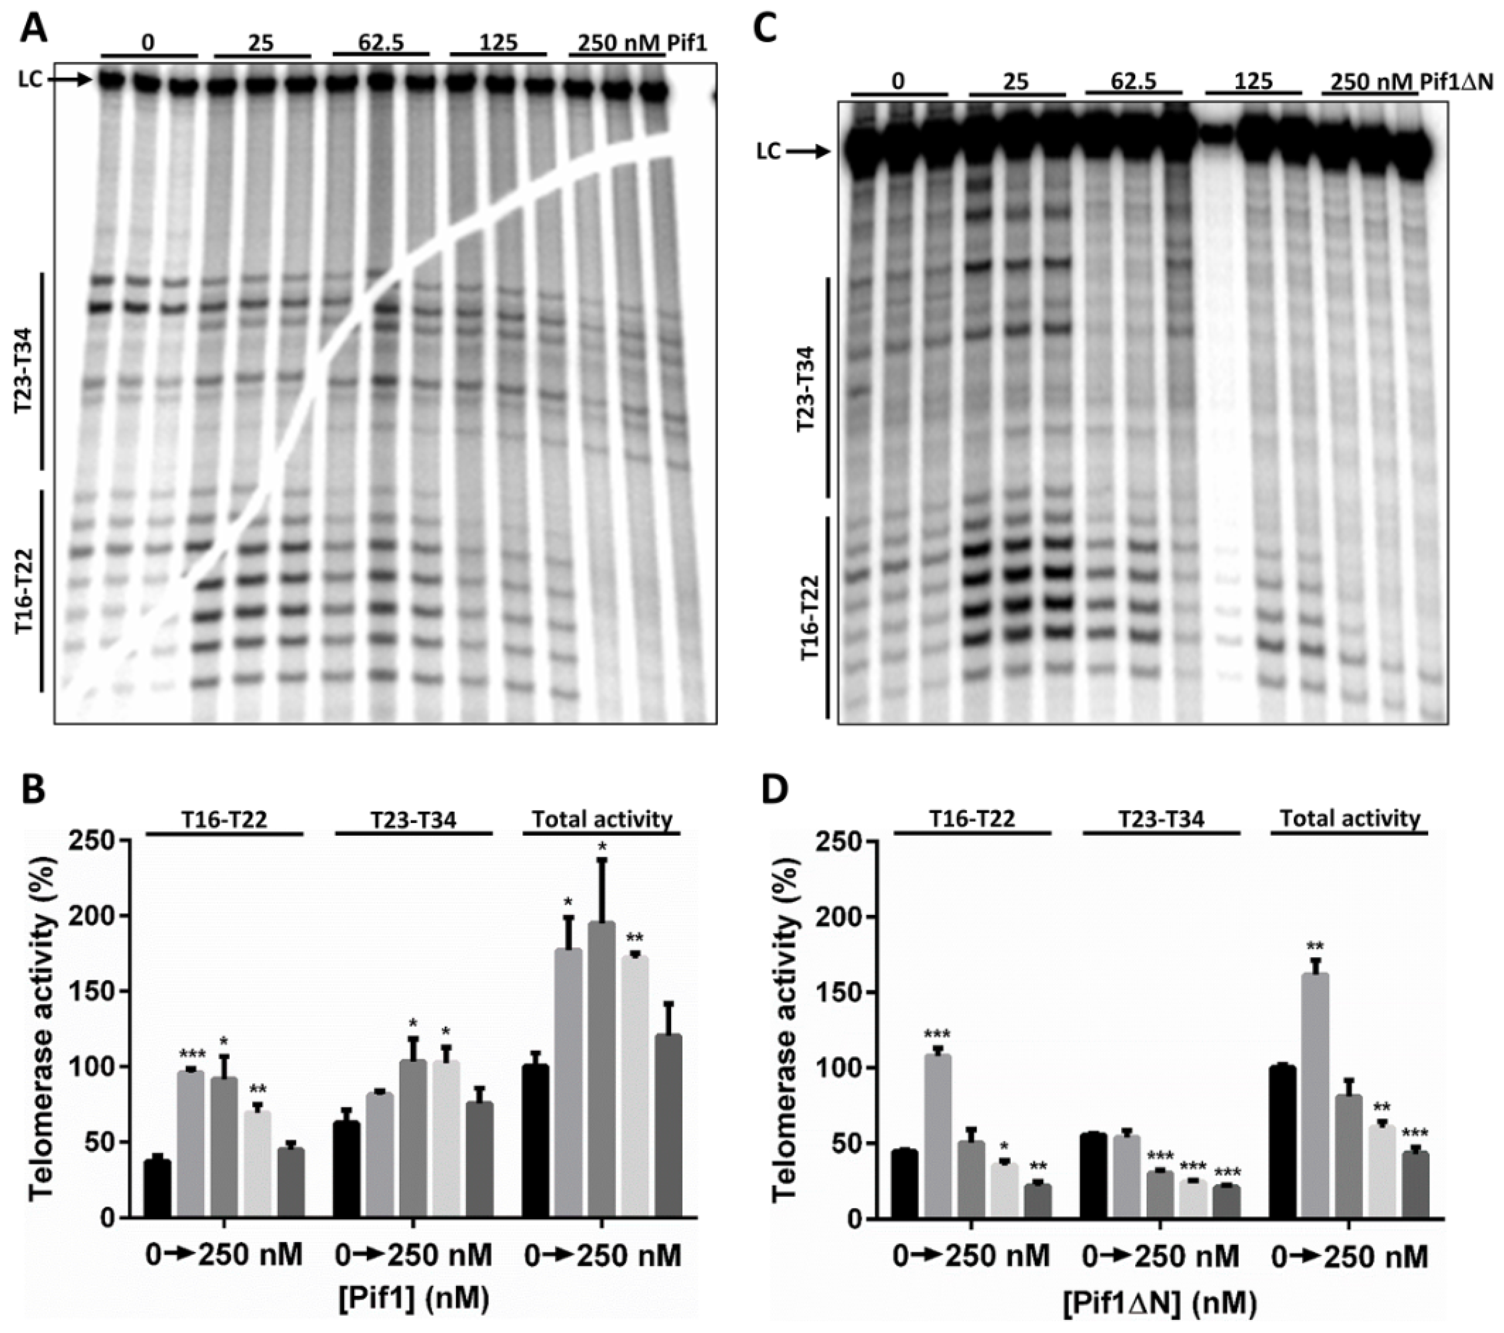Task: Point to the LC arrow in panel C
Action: coord(809,152)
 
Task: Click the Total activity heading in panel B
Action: coord(602,819)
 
